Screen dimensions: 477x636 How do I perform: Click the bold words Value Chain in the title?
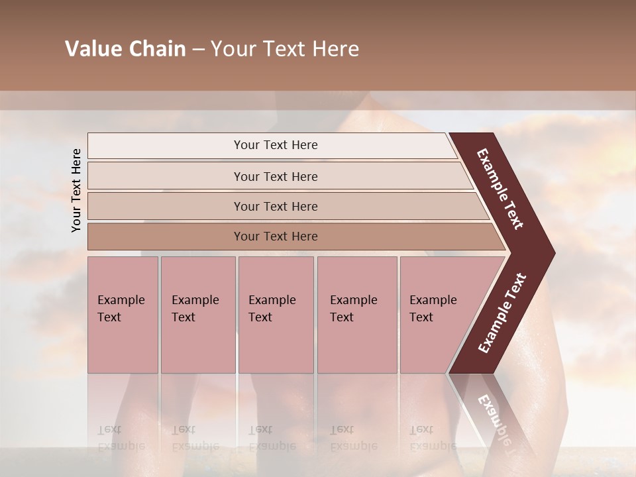[125, 49]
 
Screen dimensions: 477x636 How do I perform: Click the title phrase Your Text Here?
[285, 49]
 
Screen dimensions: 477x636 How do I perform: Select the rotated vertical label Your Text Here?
[76, 190]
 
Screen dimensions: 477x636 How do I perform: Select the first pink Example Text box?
[123, 315]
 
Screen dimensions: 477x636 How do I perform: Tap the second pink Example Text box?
[198, 315]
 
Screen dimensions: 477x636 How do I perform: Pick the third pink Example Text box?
[276, 315]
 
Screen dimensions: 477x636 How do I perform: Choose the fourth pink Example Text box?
[357, 315]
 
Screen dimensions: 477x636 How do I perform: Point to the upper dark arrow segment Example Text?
[500, 189]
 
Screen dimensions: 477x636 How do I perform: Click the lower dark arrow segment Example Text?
[502, 313]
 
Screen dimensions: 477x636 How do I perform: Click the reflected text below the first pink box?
[121, 437]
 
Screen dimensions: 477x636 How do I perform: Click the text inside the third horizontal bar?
[276, 206]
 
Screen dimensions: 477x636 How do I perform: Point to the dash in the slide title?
[198, 50]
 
